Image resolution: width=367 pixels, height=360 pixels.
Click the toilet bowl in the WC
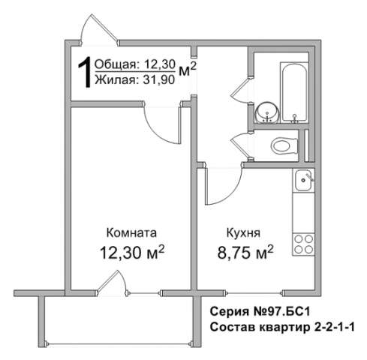[x=284, y=146]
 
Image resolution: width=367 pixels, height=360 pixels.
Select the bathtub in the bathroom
[x=294, y=92]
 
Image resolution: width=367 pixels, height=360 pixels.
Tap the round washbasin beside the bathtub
[x=267, y=112]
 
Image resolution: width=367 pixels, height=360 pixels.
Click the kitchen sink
[x=303, y=180]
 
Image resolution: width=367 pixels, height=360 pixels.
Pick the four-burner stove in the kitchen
[x=303, y=244]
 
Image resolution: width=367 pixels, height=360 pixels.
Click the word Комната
[x=131, y=232]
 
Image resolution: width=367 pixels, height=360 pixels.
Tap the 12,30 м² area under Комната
[x=132, y=252]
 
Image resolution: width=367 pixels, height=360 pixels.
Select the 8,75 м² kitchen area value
[x=245, y=252]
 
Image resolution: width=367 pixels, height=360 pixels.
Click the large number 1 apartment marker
[x=85, y=72]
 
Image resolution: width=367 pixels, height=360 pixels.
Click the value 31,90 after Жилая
[x=158, y=80]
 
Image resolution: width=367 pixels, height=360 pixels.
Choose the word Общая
[x=116, y=64]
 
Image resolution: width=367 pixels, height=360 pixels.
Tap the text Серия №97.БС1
[x=260, y=312]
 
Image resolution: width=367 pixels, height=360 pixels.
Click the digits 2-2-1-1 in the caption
[x=333, y=327]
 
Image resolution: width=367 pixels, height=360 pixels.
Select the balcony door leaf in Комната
[x=107, y=281]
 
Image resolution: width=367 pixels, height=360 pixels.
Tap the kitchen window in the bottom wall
[x=254, y=292]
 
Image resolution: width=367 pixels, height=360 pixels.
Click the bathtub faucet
[x=294, y=118]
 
